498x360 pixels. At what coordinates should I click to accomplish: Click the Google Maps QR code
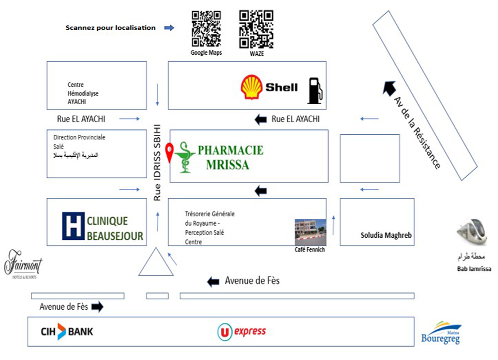coord(206,29)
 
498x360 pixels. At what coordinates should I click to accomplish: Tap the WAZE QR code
coord(256,29)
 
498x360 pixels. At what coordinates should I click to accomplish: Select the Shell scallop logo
coord(251,87)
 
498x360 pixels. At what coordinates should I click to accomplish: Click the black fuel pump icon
coord(315,90)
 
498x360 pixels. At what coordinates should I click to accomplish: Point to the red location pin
coord(169,152)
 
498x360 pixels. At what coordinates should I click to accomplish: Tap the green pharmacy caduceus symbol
coord(184,157)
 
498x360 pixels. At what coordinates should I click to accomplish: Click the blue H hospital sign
coord(73,226)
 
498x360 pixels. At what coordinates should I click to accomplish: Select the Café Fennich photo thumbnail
coord(310,232)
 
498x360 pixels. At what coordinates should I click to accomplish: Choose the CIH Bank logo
coord(67,331)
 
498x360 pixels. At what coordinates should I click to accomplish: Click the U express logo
coord(242,331)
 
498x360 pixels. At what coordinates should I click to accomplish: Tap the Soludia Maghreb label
coord(386,236)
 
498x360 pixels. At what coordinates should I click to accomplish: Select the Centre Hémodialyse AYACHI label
coord(83,93)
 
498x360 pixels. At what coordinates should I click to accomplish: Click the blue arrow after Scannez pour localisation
coord(169,28)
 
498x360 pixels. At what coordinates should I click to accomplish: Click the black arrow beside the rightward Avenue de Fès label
coord(97,307)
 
